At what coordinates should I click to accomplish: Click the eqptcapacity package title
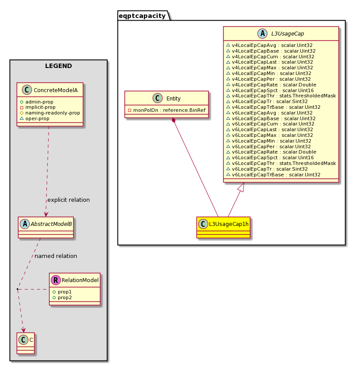[142, 16]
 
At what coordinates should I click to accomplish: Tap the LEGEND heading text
[58, 66]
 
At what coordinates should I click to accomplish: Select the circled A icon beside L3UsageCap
[263, 33]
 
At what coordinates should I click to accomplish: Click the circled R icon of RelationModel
[56, 280]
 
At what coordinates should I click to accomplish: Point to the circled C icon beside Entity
[158, 98]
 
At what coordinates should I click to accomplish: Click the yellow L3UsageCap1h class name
[228, 224]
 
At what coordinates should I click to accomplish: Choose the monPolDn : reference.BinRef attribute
[169, 110]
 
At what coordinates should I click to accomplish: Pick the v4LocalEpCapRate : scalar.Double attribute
[274, 85]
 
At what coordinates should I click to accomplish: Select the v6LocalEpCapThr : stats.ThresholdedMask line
[284, 163]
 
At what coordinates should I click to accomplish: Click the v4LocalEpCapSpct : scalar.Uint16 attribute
[273, 90]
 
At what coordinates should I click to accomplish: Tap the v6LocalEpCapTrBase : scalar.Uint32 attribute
[276, 175]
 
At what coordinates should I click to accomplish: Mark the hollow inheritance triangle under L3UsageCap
[241, 187]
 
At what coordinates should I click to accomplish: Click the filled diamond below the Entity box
[174, 120]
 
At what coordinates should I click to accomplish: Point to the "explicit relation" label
[68, 200]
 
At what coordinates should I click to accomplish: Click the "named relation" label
[56, 256]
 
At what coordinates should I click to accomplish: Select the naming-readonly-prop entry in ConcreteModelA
[53, 113]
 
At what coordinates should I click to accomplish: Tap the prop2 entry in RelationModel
[64, 297]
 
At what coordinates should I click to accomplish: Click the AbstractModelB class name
[51, 224]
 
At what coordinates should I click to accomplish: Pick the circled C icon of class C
[24, 340]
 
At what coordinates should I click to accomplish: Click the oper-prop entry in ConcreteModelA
[37, 118]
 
